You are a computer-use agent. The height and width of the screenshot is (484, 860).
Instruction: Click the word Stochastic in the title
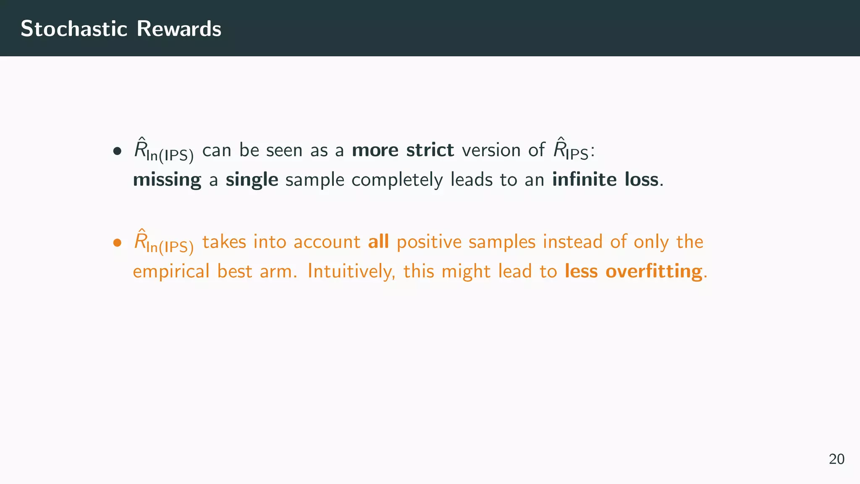pos(74,29)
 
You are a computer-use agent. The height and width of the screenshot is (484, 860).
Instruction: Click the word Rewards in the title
pos(179,29)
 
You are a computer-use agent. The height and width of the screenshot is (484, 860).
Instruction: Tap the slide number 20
pos(836,459)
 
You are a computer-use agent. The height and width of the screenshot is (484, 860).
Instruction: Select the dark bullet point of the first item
pos(117,151)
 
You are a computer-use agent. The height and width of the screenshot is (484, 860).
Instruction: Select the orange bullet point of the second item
pos(117,242)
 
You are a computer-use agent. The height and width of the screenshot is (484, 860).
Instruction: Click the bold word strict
pos(430,150)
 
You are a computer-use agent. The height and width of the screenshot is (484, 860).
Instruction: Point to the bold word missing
pos(167,180)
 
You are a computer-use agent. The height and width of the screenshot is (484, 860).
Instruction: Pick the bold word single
pos(252,180)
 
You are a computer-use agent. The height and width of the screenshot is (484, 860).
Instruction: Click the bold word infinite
pos(584,179)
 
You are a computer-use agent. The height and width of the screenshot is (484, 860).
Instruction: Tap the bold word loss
pos(641,179)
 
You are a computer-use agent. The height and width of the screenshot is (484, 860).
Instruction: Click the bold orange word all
pos(378,242)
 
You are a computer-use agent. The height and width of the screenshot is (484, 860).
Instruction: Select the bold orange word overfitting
pos(654,271)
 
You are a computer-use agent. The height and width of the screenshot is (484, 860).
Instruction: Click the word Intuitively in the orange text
pos(351,272)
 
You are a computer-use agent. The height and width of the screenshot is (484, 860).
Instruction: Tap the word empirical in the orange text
pos(171,272)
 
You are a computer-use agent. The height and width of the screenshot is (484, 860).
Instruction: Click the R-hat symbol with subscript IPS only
pos(570,150)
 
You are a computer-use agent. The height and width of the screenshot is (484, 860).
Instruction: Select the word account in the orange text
pos(327,242)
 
